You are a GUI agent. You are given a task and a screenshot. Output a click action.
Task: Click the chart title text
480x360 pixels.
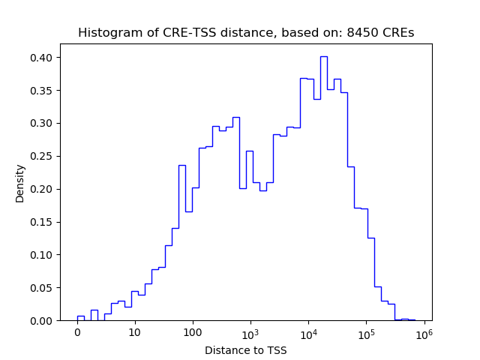click(246, 33)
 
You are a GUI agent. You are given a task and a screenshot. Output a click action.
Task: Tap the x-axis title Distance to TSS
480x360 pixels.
click(246, 349)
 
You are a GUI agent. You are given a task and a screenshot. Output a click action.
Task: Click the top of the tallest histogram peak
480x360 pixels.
click(323, 56)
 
